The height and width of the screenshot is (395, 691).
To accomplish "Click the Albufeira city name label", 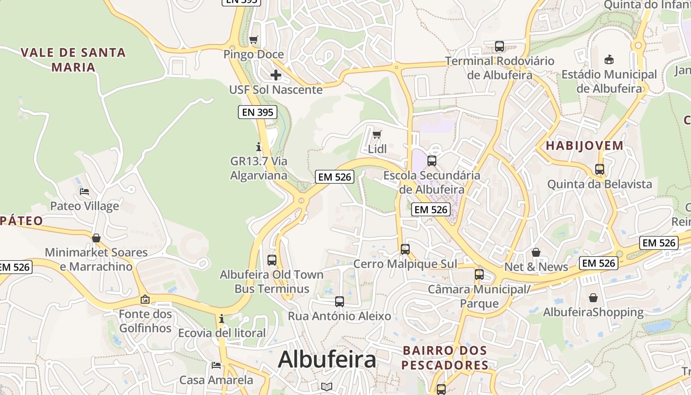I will click(327, 360).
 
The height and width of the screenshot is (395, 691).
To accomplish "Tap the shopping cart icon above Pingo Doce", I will click(254, 39).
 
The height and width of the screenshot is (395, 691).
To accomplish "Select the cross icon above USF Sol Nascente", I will click(276, 75).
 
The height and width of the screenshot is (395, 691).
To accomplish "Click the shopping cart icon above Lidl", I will click(377, 134).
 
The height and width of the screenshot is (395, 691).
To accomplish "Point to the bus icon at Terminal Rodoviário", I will click(499, 46).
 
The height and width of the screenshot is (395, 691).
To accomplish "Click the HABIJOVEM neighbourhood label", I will click(584, 146).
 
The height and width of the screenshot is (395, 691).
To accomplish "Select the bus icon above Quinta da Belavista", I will click(600, 169).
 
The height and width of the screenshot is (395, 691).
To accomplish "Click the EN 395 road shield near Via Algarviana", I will click(257, 112).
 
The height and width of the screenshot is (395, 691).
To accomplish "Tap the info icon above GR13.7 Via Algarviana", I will click(258, 147).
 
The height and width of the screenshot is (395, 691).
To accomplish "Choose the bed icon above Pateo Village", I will click(84, 192).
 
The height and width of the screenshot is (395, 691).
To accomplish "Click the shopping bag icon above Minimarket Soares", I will click(96, 238).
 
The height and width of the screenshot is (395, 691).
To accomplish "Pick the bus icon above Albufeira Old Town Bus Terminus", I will click(271, 260).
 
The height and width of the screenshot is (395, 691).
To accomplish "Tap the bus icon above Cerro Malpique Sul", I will click(405, 249).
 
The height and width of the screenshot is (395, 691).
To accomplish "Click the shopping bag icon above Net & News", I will click(536, 252).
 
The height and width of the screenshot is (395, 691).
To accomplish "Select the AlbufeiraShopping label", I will click(593, 312).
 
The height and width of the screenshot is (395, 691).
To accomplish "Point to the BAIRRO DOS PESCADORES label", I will click(445, 357).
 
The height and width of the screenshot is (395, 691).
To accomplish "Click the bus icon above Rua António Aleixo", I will click(339, 301).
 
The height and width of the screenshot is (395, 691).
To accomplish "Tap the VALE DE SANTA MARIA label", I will click(73, 59).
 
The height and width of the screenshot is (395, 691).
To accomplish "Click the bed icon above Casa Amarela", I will click(216, 365).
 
